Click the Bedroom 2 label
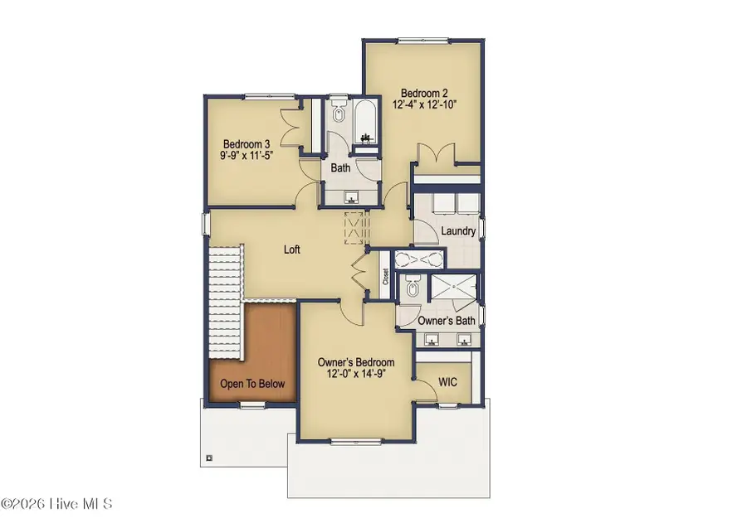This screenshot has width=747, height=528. pyautogui.click(x=421, y=93)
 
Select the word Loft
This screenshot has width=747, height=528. pyautogui.click(x=291, y=249)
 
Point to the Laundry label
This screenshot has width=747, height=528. pyautogui.click(x=457, y=231)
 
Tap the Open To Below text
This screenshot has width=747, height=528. pyautogui.click(x=252, y=384)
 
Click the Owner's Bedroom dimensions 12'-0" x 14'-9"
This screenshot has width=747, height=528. pyautogui.click(x=356, y=375)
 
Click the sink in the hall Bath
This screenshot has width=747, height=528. pyautogui.click(x=351, y=197)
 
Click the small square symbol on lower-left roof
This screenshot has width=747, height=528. pyautogui.click(x=208, y=457)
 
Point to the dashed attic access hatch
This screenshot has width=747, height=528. pyautogui.click(x=355, y=228)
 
